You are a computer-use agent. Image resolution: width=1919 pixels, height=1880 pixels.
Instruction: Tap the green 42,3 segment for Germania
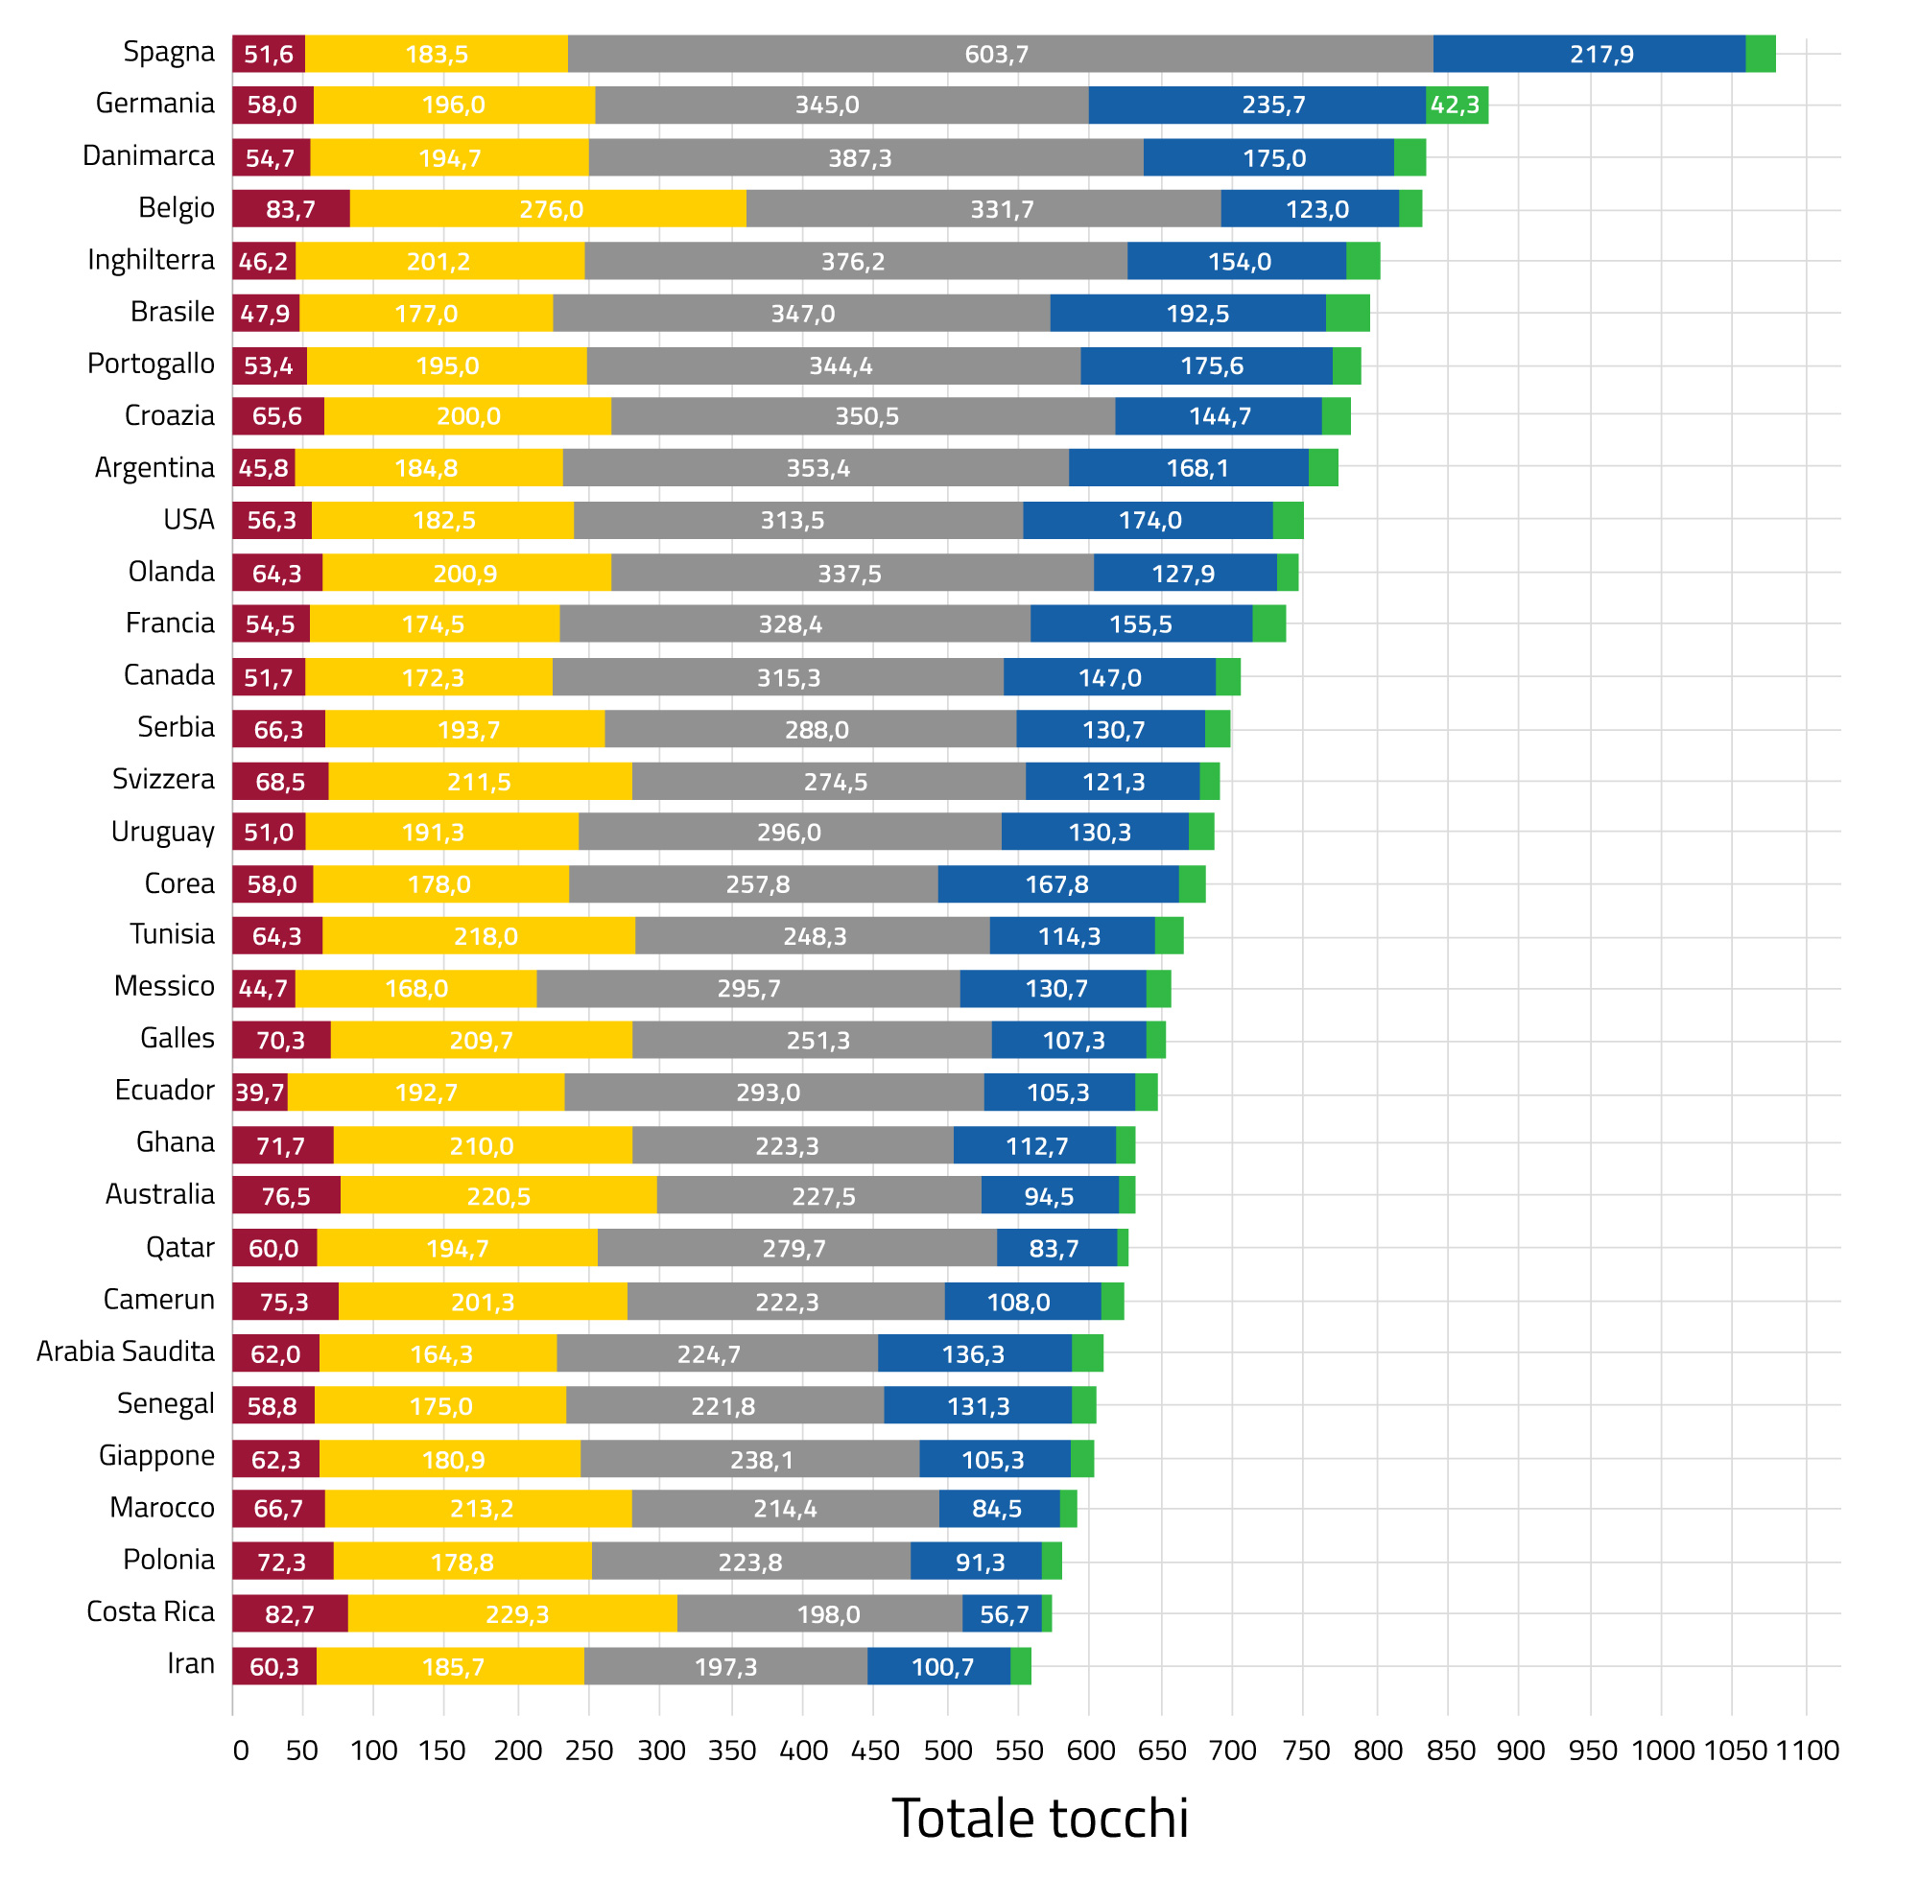(x=1456, y=105)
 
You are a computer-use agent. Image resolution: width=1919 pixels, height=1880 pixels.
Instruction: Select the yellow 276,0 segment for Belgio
(x=548, y=209)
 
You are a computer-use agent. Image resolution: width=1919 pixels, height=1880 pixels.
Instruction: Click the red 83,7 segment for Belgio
(x=292, y=209)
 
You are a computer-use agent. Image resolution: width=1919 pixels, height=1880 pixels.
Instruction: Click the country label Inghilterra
(x=151, y=260)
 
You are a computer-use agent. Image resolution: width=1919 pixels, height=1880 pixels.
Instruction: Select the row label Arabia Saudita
(x=126, y=1351)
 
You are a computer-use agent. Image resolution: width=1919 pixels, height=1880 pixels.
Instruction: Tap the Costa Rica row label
(x=151, y=1612)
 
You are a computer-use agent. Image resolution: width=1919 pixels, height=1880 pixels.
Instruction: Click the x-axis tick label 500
(x=948, y=1751)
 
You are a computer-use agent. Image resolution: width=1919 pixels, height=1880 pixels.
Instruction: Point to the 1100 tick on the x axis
(x=1808, y=1751)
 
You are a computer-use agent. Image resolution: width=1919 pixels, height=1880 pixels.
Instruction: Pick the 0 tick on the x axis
(x=240, y=1751)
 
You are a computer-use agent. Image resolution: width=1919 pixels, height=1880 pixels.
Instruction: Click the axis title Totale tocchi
(x=1040, y=1819)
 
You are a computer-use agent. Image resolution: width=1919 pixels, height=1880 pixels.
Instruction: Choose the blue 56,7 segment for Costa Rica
(x=1003, y=1614)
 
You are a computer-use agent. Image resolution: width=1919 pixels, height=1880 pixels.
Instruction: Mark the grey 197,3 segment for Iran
(x=726, y=1668)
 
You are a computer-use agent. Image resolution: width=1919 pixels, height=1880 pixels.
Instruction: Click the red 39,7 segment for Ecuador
(x=260, y=1093)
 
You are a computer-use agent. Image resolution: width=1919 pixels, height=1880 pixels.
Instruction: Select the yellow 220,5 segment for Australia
(x=499, y=1197)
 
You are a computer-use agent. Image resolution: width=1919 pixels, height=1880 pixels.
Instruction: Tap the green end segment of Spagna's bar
(x=1761, y=54)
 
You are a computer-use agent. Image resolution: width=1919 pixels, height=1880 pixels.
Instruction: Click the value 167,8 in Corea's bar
(x=1056, y=884)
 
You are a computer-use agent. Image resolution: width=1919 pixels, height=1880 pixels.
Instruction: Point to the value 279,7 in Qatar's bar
(x=794, y=1249)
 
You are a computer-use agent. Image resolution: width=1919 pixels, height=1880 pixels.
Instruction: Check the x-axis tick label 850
(x=1450, y=1751)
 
